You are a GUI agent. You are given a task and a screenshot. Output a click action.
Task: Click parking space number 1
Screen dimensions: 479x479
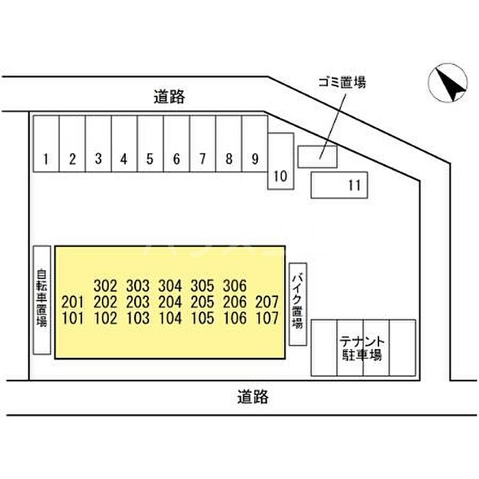(46, 144)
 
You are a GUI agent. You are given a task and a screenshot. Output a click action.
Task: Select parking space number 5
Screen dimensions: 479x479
(151, 144)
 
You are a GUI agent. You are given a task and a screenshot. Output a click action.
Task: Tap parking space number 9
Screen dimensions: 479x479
(255, 144)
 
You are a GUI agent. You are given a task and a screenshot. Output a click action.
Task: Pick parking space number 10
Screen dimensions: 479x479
(281, 161)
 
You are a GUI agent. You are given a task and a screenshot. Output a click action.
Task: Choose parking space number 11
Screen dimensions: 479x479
(339, 185)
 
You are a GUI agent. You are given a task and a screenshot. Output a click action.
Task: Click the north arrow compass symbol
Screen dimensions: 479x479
(448, 83)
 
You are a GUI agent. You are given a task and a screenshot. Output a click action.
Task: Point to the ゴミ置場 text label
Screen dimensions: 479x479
(342, 82)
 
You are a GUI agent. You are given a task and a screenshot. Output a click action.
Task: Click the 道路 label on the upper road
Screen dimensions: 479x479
(169, 97)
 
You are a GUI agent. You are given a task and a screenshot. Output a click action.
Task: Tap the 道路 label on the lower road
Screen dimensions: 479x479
(253, 397)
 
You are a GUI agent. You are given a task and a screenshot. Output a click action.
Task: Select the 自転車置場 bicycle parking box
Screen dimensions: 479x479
(42, 300)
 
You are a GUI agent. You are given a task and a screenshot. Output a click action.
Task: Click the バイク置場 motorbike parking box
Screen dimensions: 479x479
(298, 305)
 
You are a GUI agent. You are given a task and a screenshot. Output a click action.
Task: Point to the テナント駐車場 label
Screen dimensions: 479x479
(362, 348)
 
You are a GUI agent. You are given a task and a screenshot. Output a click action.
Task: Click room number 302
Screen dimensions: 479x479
(105, 286)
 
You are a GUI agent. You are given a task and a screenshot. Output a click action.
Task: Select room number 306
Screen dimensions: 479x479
(235, 286)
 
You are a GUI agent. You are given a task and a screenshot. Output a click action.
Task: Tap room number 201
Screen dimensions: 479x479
(73, 302)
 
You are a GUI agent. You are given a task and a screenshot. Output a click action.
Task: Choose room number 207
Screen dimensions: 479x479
(267, 302)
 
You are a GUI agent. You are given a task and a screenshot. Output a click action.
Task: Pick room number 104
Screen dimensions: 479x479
(170, 318)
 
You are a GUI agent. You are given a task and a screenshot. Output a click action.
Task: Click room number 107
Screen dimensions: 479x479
(267, 318)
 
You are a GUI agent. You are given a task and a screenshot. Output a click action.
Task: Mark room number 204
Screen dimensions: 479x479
(170, 302)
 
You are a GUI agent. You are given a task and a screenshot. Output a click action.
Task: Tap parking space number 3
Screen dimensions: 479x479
(98, 144)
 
